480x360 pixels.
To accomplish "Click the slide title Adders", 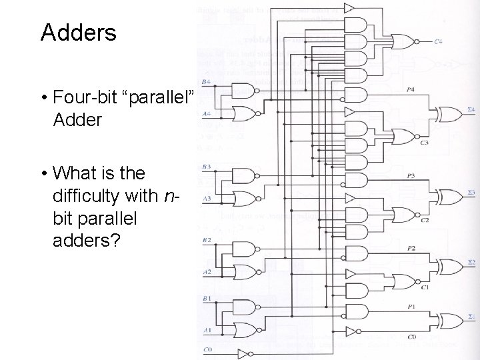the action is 78,32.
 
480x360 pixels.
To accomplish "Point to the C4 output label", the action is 437,42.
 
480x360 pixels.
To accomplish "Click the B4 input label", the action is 207,82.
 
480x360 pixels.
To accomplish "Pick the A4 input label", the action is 207,114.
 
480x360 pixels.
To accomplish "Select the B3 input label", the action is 207,166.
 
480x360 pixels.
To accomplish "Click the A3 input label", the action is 207,198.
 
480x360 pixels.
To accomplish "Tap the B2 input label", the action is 207,239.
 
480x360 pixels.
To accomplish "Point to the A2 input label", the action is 207,272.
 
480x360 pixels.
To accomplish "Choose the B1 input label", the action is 207,298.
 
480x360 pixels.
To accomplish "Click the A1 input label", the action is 207,330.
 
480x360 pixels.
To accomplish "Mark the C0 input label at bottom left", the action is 207,350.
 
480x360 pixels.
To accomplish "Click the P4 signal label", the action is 409,89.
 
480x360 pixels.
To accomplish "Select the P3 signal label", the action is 410,176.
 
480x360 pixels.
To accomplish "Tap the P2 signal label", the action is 411,248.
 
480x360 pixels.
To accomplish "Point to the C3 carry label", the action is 425,142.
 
